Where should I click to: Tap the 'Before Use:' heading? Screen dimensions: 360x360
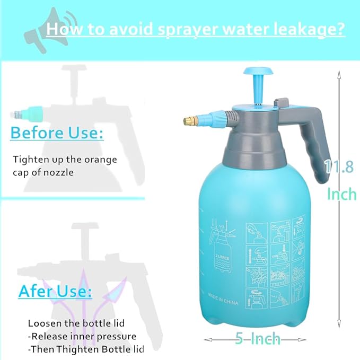tap(57, 133)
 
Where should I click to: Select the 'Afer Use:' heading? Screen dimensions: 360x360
tap(55, 291)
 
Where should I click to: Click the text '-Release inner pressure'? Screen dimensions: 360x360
tap(82, 336)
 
